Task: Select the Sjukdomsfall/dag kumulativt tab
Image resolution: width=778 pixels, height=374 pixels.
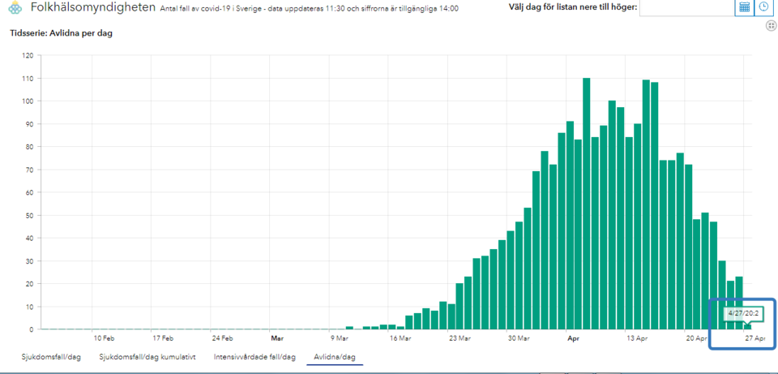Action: pos(147,356)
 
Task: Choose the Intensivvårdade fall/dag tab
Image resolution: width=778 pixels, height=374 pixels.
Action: pos(254,356)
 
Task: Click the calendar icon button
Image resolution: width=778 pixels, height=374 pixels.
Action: pos(744,7)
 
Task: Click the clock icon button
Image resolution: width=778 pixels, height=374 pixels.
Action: pos(763,7)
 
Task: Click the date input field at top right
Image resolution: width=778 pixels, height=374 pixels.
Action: pos(686,8)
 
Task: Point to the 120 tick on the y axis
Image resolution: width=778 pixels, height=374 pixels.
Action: pos(28,56)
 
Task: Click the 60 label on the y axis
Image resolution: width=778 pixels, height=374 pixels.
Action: pos(29,192)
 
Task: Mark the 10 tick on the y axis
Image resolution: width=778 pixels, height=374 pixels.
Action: pos(29,307)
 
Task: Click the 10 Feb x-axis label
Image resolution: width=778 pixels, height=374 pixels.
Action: pos(103,337)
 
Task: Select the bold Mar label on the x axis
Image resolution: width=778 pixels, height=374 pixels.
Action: pos(277,337)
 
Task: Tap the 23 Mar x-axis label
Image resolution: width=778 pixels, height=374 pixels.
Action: pos(460,337)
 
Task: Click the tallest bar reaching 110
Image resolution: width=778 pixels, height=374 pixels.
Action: pos(586,203)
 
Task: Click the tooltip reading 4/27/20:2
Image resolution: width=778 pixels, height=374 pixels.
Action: pos(742,312)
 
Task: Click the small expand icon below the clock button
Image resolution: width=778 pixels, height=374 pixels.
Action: pos(771,26)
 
